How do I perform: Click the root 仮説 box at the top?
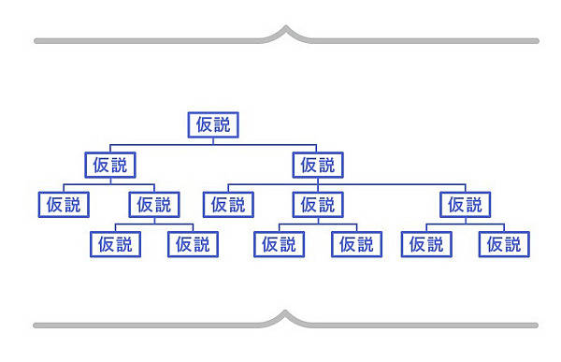(x=213, y=124)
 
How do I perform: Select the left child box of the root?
(x=109, y=165)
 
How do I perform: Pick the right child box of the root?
(x=318, y=165)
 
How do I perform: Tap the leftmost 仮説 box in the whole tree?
(x=64, y=204)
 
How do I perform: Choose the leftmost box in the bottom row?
(x=116, y=244)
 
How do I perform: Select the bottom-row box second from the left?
(x=194, y=244)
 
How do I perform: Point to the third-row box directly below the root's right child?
(x=318, y=204)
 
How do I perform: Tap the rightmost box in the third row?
(x=465, y=204)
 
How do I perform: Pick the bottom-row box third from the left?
(x=279, y=244)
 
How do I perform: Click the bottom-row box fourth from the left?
(x=356, y=244)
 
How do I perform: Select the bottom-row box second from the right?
(x=426, y=244)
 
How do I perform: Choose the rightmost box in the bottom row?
(x=504, y=244)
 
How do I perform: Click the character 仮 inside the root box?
(x=203, y=124)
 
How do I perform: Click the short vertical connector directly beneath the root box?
(x=213, y=141)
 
